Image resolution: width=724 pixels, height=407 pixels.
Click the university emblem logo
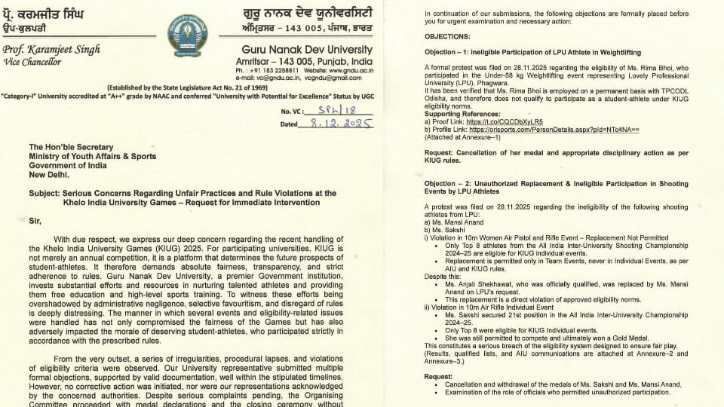[187, 35]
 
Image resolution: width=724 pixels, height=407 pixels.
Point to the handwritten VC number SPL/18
[326, 110]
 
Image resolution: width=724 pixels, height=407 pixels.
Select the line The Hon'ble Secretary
[71, 147]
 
